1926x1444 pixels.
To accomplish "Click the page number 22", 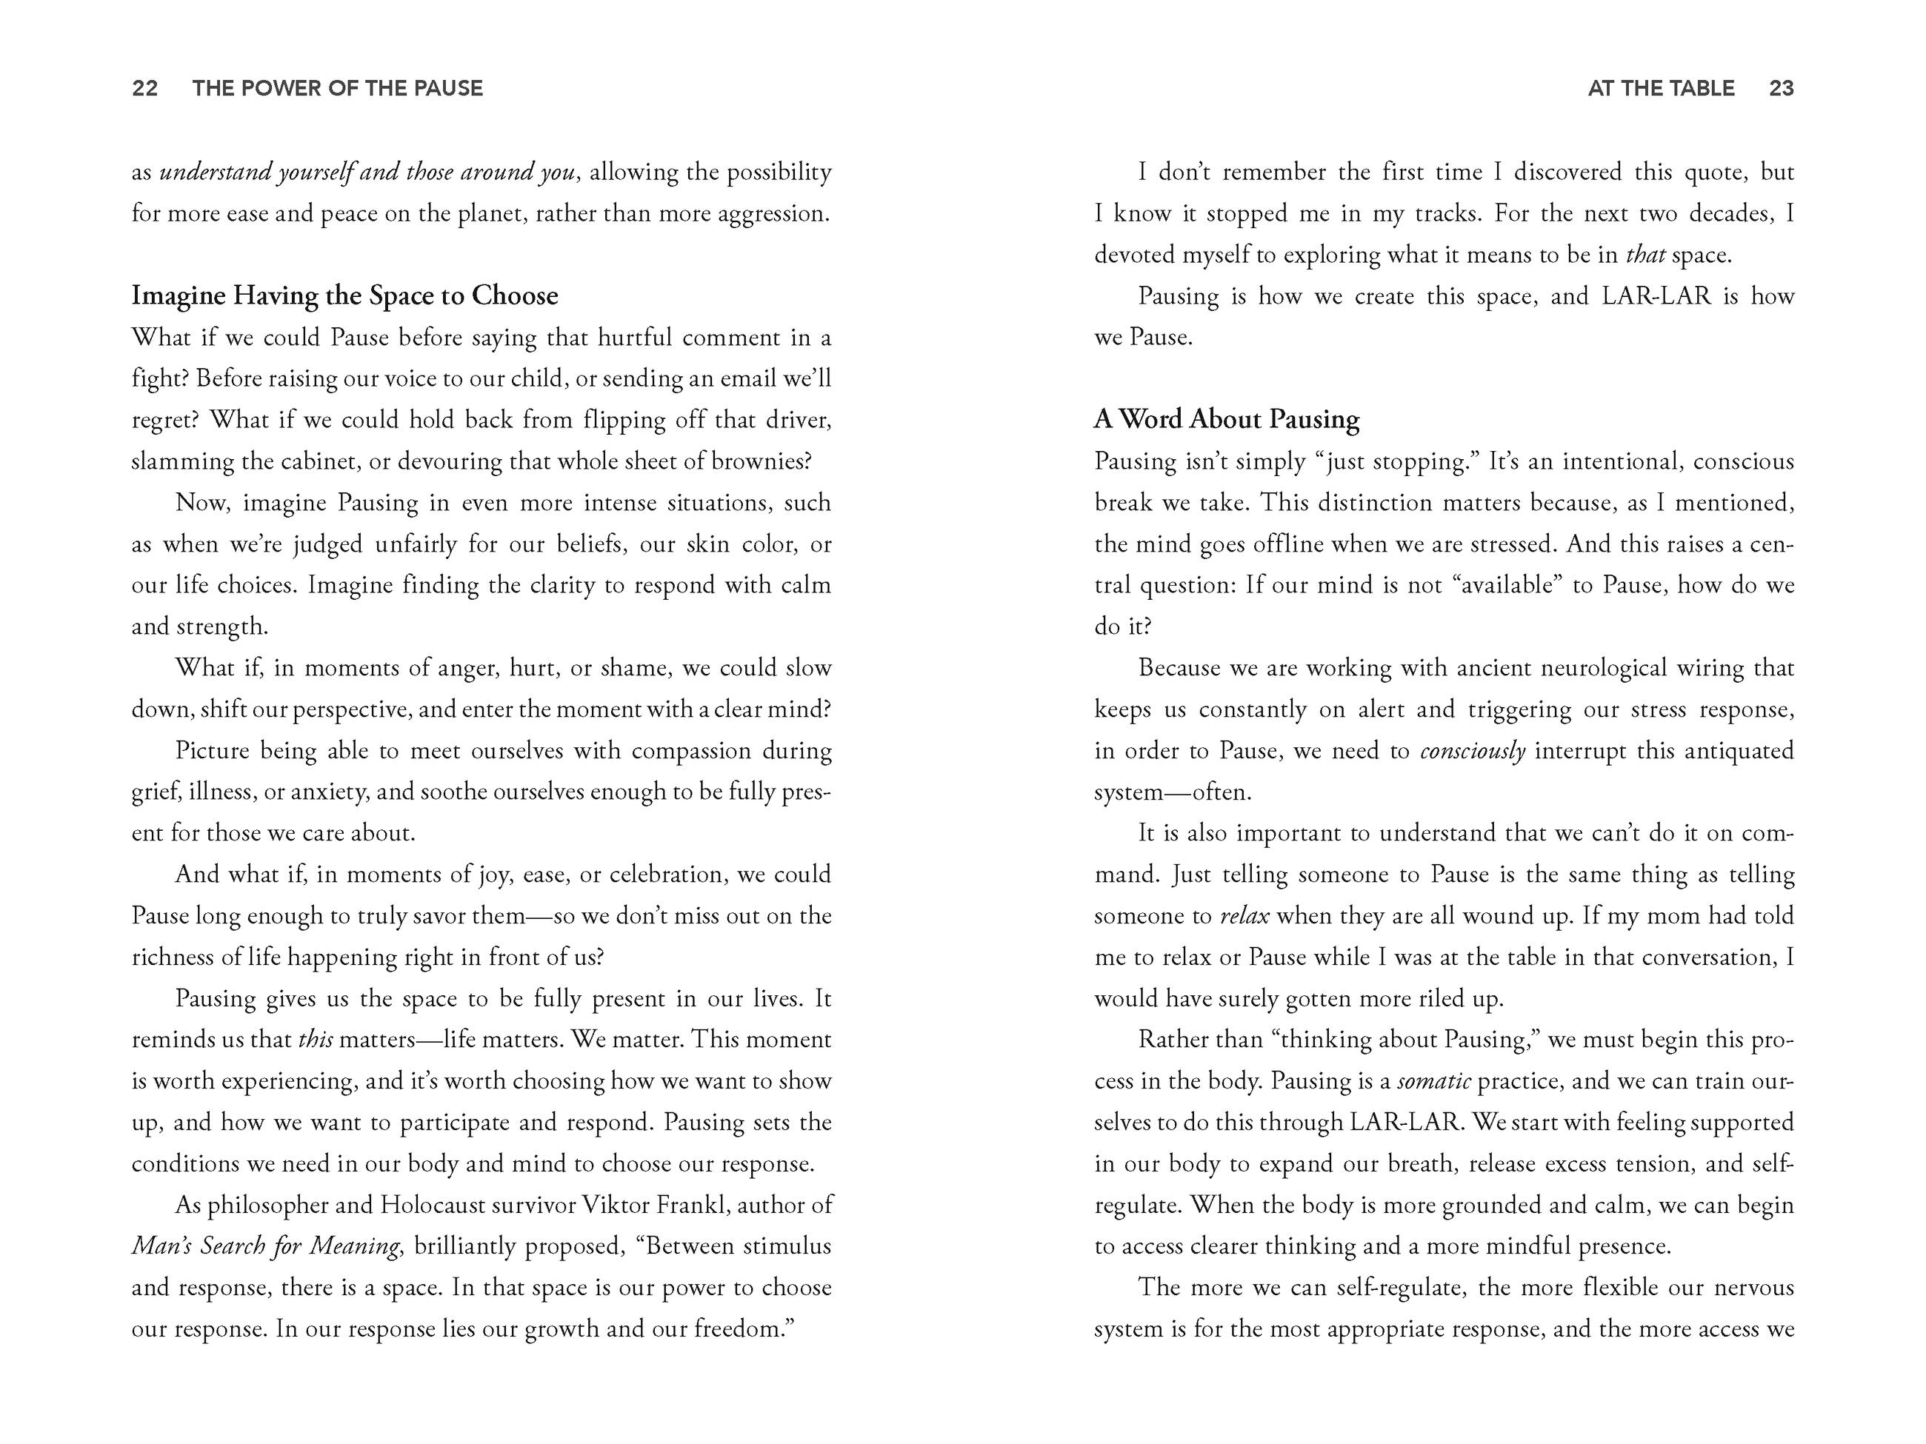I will pos(144,88).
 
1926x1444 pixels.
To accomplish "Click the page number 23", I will pos(1781,88).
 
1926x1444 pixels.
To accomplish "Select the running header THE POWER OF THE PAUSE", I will pos(337,88).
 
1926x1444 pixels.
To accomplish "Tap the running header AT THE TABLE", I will pos(1661,88).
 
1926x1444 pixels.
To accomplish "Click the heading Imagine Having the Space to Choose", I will pos(344,296).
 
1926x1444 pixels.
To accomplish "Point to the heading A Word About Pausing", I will pos(1226,420).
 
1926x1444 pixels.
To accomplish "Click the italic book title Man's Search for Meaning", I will pos(265,1246).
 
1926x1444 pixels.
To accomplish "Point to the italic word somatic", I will pos(1433,1081).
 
